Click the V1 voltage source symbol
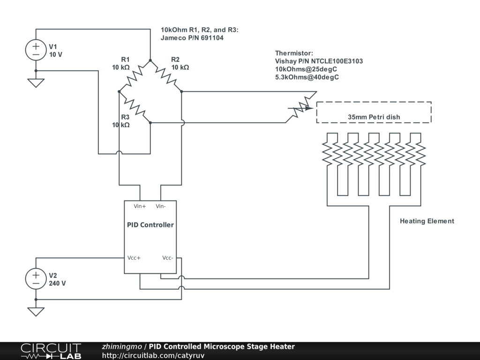coord(36,50)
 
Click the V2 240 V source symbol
coord(36,279)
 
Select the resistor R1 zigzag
coord(135,76)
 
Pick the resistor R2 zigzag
coord(166,76)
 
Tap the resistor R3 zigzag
coord(135,107)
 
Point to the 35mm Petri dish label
coord(374,117)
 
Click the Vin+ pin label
coord(140,206)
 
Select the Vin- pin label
coord(161,206)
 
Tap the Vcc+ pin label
coord(134,258)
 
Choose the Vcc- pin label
coord(168,258)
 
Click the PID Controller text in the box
coord(150,225)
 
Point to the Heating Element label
coord(427,221)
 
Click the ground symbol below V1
coord(36,83)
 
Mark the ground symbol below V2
coord(36,312)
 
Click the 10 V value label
coord(56,54)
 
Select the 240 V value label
coord(57,283)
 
